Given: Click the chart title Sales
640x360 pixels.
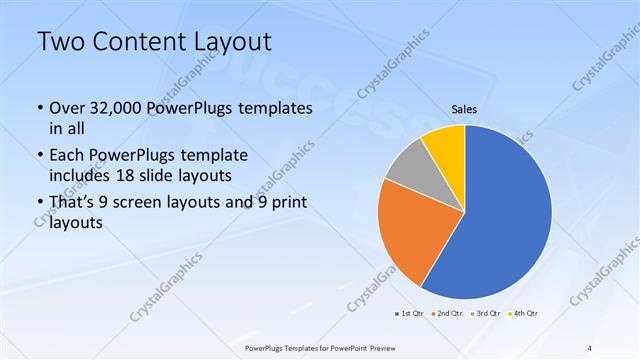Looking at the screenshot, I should (464, 109).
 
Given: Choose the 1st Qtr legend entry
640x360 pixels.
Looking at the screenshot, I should (407, 313).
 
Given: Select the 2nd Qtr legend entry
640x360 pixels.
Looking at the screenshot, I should (445, 313).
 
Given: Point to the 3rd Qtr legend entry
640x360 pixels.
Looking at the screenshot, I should (484, 313).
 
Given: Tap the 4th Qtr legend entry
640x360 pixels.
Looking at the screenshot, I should (523, 313).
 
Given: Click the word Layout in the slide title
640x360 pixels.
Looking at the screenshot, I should (223, 42).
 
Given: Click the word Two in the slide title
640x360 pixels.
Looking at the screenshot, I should (59, 42).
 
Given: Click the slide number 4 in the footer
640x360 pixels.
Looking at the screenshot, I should (590, 347).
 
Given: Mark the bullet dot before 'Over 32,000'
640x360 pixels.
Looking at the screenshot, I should (39, 109).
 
